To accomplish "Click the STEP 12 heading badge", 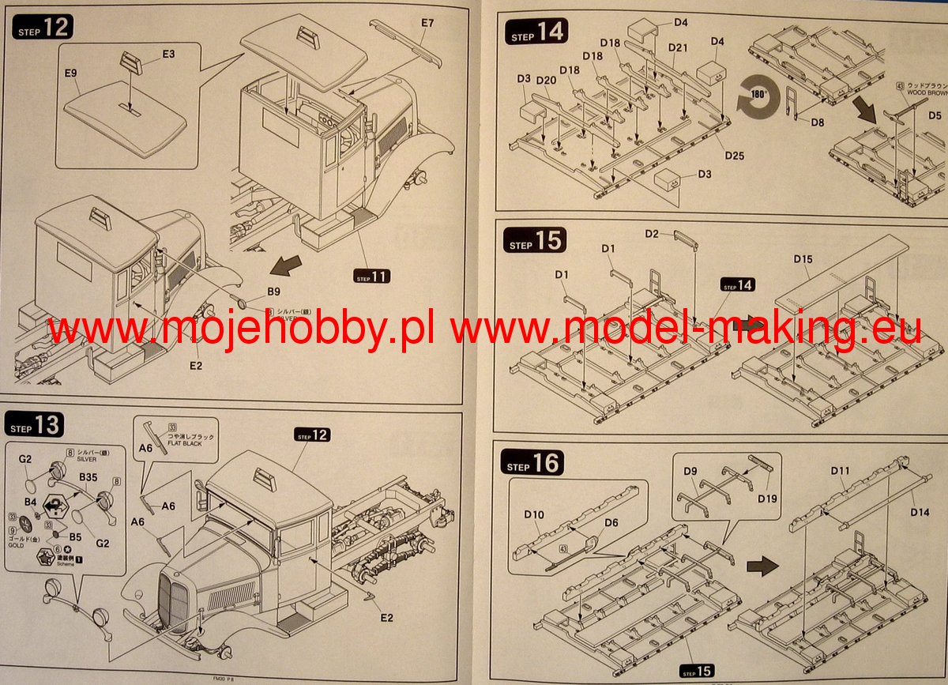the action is (x=43, y=28).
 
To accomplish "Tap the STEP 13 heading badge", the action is (x=36, y=425).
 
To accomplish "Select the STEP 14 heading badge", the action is (x=536, y=34).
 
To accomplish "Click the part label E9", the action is (x=71, y=73).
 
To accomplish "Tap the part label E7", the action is (x=427, y=23).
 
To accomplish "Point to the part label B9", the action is (x=273, y=292).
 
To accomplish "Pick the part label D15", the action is (x=803, y=259).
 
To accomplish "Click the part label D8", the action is (x=817, y=122).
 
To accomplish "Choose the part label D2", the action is (x=652, y=234).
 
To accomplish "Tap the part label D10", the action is (x=534, y=515).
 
